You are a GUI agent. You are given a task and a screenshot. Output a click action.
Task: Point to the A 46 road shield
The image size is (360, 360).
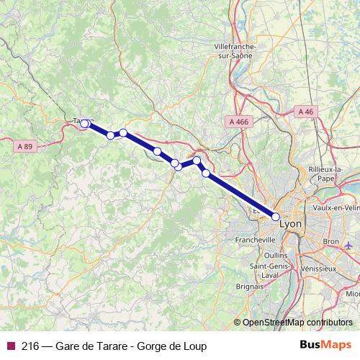pos(305,112)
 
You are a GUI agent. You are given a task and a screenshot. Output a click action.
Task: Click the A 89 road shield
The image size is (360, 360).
pos(24,146)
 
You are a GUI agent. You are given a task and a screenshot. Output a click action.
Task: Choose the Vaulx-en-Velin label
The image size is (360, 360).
pos(336,207)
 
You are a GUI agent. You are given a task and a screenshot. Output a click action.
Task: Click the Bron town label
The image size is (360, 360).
pos(331,241)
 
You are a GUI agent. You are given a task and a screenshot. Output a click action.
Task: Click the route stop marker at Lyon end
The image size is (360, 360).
pos(276,216)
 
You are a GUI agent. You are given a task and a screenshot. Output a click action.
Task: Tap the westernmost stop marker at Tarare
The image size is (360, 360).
pos(84,124)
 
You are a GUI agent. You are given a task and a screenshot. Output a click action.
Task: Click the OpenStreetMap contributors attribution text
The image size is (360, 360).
pos(297,323)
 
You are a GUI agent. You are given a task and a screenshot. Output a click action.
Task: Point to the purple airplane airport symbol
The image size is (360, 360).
pos(349,246)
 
